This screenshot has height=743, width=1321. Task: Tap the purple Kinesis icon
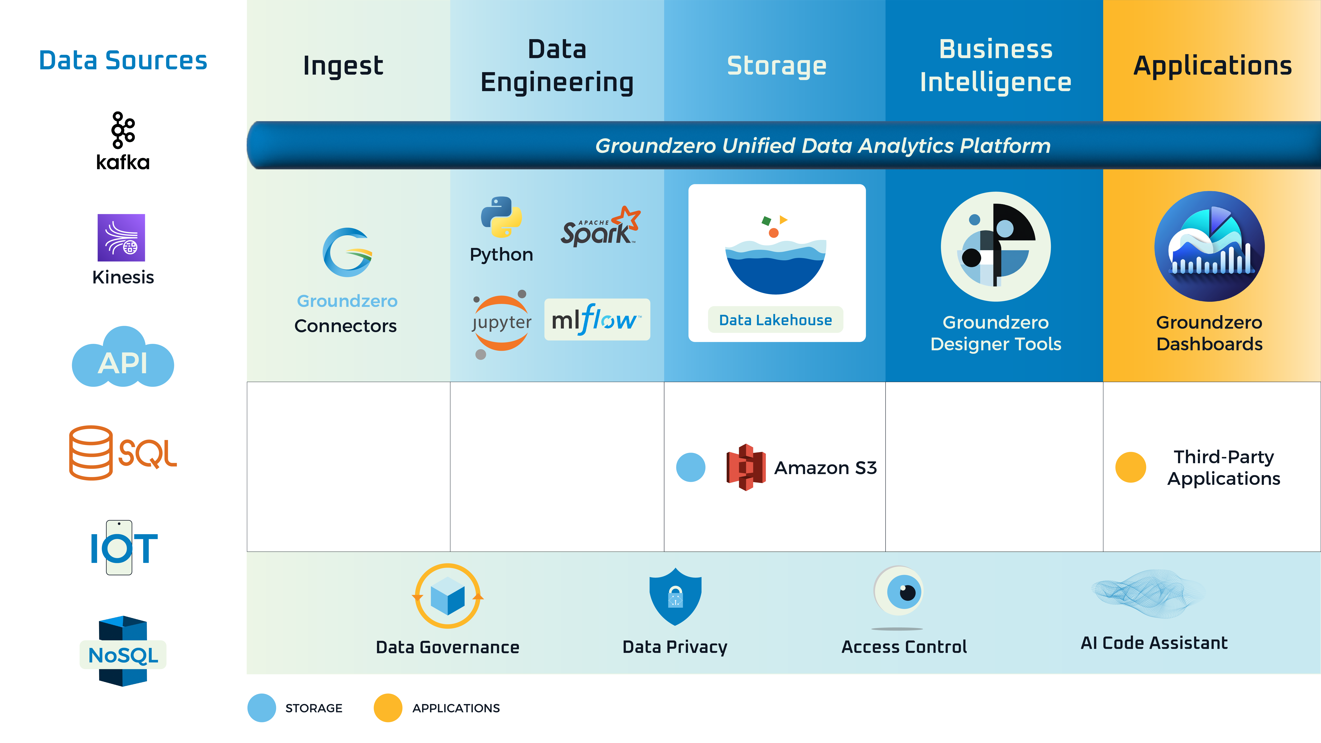122,237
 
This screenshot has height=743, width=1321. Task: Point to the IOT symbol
123,548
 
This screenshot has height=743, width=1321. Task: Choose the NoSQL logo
123,651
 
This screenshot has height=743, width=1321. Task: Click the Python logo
501,217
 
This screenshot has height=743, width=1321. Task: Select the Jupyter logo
501,323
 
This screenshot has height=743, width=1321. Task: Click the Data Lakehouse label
775,320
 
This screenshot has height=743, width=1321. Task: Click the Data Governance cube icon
448,596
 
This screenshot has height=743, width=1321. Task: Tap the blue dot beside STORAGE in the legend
262,708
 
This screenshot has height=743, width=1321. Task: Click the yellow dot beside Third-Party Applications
1130,467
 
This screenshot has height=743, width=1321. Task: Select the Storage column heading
776,66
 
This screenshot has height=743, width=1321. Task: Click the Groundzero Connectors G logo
347,252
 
